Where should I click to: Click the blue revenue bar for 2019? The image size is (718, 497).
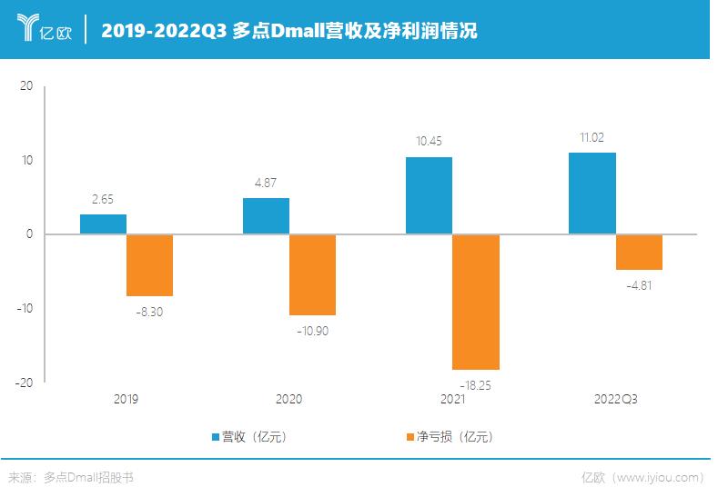coord(103,224)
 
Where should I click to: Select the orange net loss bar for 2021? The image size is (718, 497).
coord(475,302)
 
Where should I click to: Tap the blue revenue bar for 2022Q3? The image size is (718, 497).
coord(592,194)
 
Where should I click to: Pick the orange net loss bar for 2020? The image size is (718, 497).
coord(312,274)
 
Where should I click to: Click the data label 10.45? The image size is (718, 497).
coord(429,143)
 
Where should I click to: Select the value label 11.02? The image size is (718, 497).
coord(592,138)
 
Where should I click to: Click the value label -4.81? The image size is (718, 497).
coord(639,285)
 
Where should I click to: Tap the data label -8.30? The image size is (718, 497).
coord(149,311)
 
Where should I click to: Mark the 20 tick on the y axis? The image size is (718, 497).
coord(25,86)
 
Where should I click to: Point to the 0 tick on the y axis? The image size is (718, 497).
coord(29,234)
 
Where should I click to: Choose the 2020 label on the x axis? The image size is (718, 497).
coord(288,400)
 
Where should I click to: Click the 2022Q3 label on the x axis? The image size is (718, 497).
coord(616,400)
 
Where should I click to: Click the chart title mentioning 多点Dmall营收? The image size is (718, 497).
coord(288,31)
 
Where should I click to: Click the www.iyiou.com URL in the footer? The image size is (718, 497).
coord(660,478)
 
